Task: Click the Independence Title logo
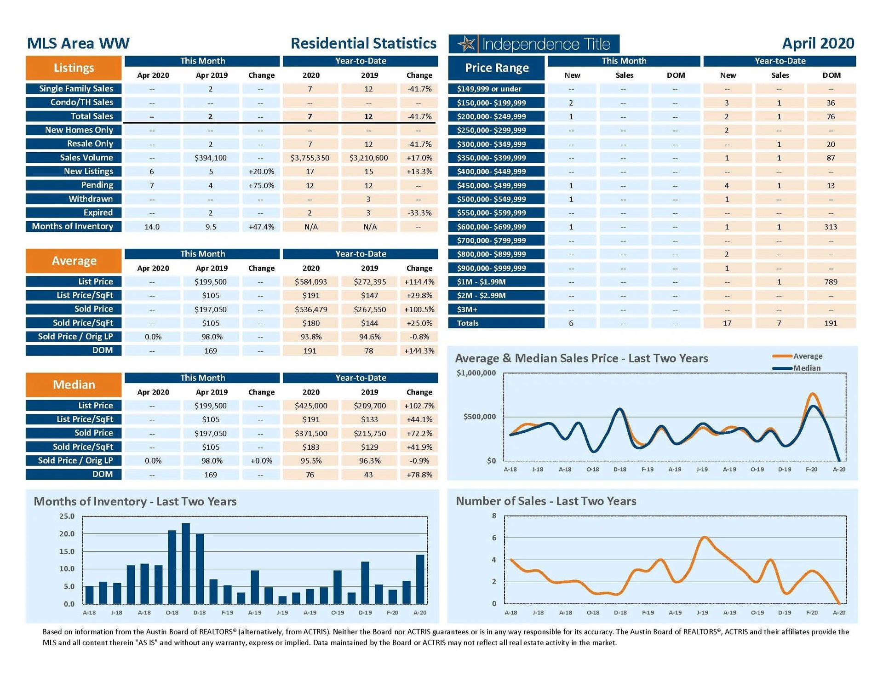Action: pos(534,44)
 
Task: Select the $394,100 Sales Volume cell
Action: pos(211,158)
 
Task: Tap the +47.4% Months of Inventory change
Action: pos(261,227)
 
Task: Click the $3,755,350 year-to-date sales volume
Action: pos(310,158)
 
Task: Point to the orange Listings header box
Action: pos(74,68)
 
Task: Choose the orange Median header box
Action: pos(74,385)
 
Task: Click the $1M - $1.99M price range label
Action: pos(481,282)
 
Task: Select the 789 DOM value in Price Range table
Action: pos(831,282)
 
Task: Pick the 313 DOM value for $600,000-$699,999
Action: pos(831,227)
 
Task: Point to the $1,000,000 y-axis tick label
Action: pos(476,373)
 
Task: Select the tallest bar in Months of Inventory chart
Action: pos(186,563)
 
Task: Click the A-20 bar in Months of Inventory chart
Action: pos(420,579)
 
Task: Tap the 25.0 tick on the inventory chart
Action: pos(67,516)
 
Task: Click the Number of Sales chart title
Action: pos(546,501)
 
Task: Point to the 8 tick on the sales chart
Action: pos(494,516)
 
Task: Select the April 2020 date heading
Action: pos(818,43)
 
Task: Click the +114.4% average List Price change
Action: pos(419,282)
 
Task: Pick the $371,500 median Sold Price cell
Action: pos(311,433)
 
